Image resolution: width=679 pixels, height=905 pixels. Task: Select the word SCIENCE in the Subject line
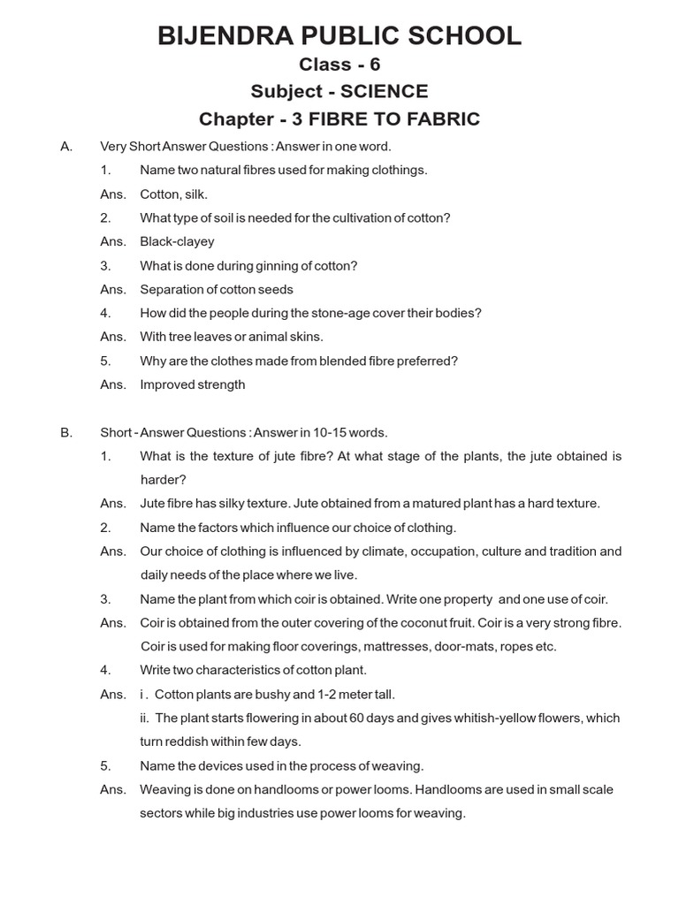point(387,92)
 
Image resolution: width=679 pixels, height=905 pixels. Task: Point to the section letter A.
point(65,146)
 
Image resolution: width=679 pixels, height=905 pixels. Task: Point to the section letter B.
point(65,432)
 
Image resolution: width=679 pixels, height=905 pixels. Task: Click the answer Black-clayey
point(177,241)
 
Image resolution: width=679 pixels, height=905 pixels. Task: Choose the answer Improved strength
point(192,384)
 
